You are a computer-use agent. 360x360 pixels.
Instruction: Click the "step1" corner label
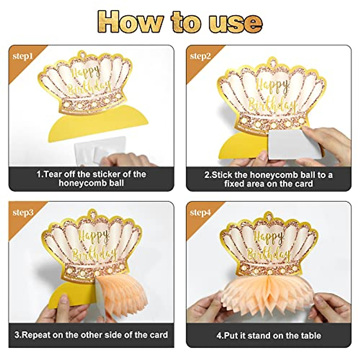coord(22,57)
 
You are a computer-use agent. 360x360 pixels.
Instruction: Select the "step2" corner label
coord(200,56)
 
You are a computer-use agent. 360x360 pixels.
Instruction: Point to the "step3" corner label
coord(23,213)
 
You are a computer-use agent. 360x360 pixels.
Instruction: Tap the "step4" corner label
coord(200,213)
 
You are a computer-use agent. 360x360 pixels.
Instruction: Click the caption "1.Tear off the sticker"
coord(91,178)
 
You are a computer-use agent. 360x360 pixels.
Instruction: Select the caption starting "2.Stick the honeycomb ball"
coord(268,179)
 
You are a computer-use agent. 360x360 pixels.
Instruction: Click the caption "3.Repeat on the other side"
coord(91,335)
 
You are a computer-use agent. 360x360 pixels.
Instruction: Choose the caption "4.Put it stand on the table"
coord(268,335)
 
